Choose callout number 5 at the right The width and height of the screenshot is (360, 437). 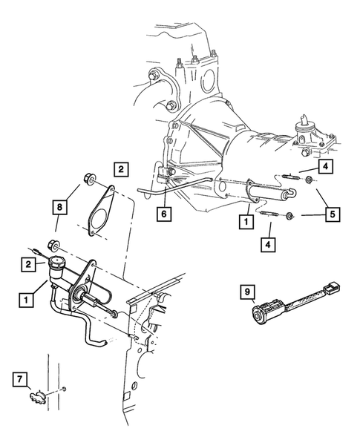pos(330,215)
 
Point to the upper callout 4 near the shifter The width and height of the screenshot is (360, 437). pos(327,167)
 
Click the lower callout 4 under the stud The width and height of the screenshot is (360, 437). pos(266,243)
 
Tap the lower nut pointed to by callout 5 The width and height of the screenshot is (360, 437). pos(292,217)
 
